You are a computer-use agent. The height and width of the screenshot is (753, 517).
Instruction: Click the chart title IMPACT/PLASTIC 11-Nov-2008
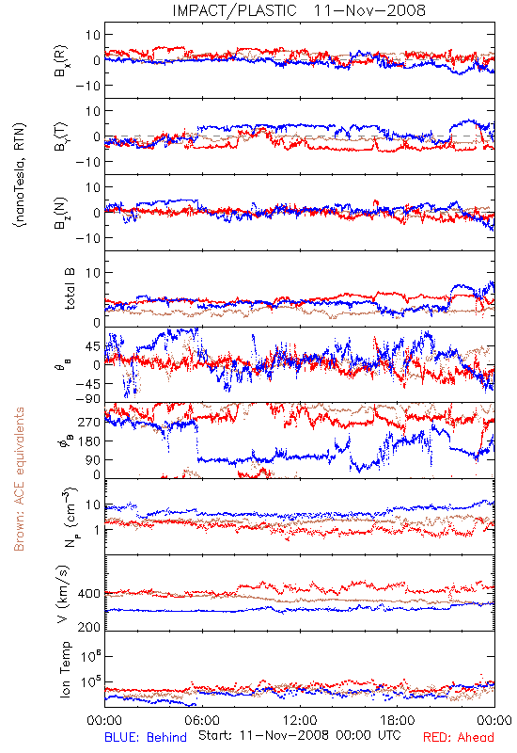299,10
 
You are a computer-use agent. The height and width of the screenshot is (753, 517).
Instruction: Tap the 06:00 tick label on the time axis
202,720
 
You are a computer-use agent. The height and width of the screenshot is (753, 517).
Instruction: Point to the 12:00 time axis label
300,720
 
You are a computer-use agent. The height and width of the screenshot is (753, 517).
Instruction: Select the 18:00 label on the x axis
398,720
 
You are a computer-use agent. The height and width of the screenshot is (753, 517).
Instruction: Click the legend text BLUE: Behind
146,737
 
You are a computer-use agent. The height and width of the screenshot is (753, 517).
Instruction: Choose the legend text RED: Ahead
458,737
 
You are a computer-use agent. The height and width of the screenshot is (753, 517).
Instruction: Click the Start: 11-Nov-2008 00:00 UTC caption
299,735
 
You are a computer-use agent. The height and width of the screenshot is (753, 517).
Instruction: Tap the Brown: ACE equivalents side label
19,479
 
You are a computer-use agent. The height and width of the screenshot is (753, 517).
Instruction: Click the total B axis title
70,289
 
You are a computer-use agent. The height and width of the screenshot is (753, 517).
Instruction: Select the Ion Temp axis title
66,669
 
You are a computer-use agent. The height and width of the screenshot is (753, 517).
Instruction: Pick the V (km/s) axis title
63,594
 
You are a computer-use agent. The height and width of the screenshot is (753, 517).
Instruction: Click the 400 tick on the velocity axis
88,594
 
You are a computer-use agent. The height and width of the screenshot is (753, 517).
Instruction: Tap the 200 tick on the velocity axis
88,627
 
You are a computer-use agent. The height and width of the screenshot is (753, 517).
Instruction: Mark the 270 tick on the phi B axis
89,422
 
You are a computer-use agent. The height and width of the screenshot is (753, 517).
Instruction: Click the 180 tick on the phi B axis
89,441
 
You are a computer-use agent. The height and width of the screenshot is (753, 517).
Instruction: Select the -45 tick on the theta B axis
87,384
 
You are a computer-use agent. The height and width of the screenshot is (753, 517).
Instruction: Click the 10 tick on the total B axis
92,273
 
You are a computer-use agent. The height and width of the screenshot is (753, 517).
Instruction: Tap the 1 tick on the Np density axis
97,530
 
